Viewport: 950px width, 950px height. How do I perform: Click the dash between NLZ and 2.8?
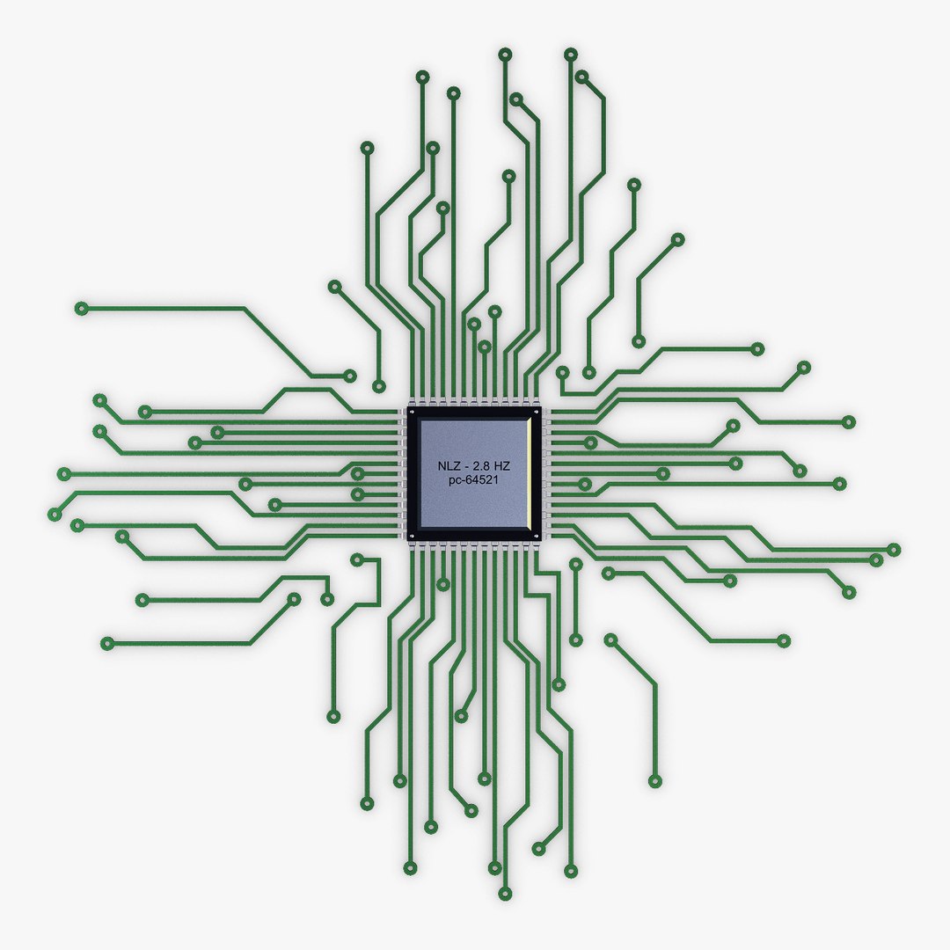(464, 465)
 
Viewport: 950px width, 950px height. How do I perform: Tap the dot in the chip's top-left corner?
(410, 412)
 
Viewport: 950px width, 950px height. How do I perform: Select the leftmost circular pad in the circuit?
(55, 514)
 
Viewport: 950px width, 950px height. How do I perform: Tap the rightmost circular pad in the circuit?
(894, 550)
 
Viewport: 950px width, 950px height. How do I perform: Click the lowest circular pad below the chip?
(504, 894)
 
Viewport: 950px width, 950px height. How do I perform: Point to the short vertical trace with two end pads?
(575, 602)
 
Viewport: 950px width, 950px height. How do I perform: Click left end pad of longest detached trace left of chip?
(82, 308)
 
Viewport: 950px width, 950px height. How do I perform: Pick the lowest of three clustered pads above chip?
(484, 347)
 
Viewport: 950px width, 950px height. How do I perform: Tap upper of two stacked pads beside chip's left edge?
(357, 474)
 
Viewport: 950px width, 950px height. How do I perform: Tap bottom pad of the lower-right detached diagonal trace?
(654, 781)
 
